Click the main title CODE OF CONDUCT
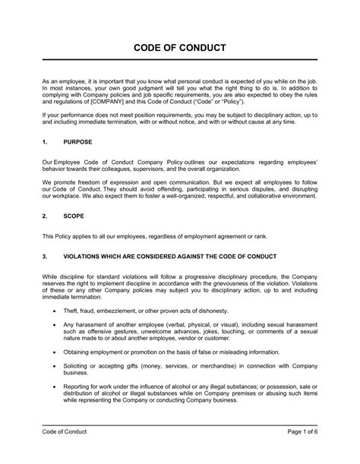[x=179, y=47]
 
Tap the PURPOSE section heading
[x=78, y=142]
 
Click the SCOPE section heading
[x=74, y=215]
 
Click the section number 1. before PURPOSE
[x=45, y=142]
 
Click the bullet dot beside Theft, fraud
[x=53, y=311]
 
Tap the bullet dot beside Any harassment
[x=53, y=324]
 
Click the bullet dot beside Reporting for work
[x=53, y=387]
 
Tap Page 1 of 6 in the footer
[x=297, y=453]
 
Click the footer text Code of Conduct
[x=65, y=453]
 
